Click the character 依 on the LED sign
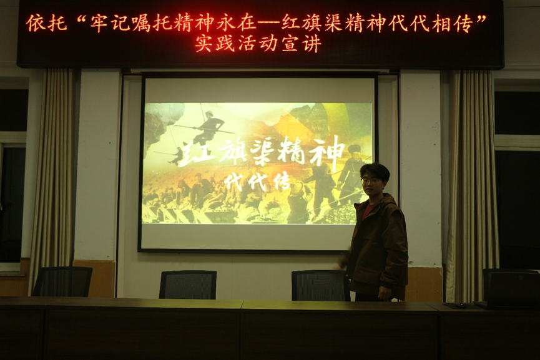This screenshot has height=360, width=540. pos(36,22)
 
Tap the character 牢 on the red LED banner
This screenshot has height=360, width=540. pos(99,22)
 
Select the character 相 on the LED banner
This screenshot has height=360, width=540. pos(441,23)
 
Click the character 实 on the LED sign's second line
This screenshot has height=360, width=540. pos(205,44)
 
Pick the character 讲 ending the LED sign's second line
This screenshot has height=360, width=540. pos(313,44)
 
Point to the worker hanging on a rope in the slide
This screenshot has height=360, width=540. pos(206,128)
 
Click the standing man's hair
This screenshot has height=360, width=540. pos(375,170)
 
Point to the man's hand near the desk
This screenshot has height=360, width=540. pos(384,293)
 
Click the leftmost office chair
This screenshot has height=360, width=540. pos(62,281)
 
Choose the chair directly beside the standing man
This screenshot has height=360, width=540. pos(320,285)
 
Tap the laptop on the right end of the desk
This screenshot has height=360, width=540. pos(509,289)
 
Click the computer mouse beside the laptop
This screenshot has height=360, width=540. pos(461,305)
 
